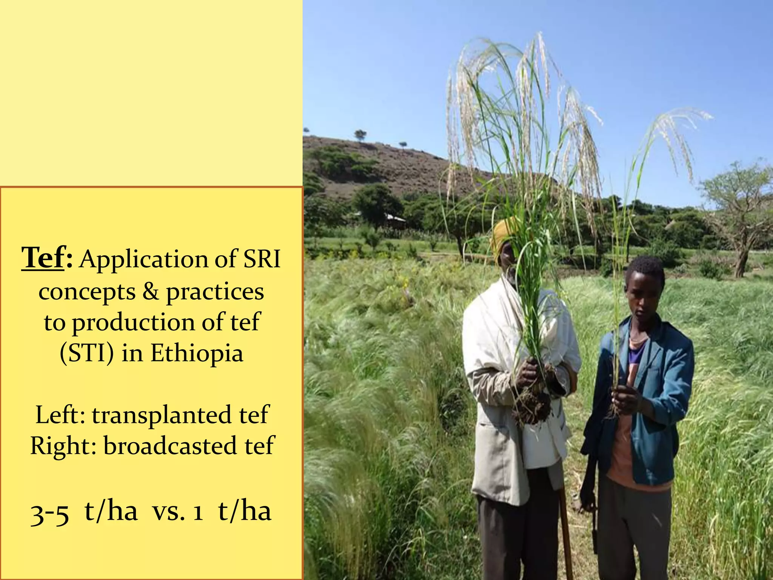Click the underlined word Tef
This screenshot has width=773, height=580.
coord(43,258)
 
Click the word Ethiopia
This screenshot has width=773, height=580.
coord(197,353)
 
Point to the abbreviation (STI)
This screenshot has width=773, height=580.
coord(87,353)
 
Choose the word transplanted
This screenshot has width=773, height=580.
coord(162,415)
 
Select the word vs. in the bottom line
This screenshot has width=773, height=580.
coord(168,512)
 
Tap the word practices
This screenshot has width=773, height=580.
coord(215,292)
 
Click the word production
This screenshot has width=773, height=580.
coord(133,322)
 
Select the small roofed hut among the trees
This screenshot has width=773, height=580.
coord(394,219)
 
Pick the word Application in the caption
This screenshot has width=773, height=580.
coord(144,260)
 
